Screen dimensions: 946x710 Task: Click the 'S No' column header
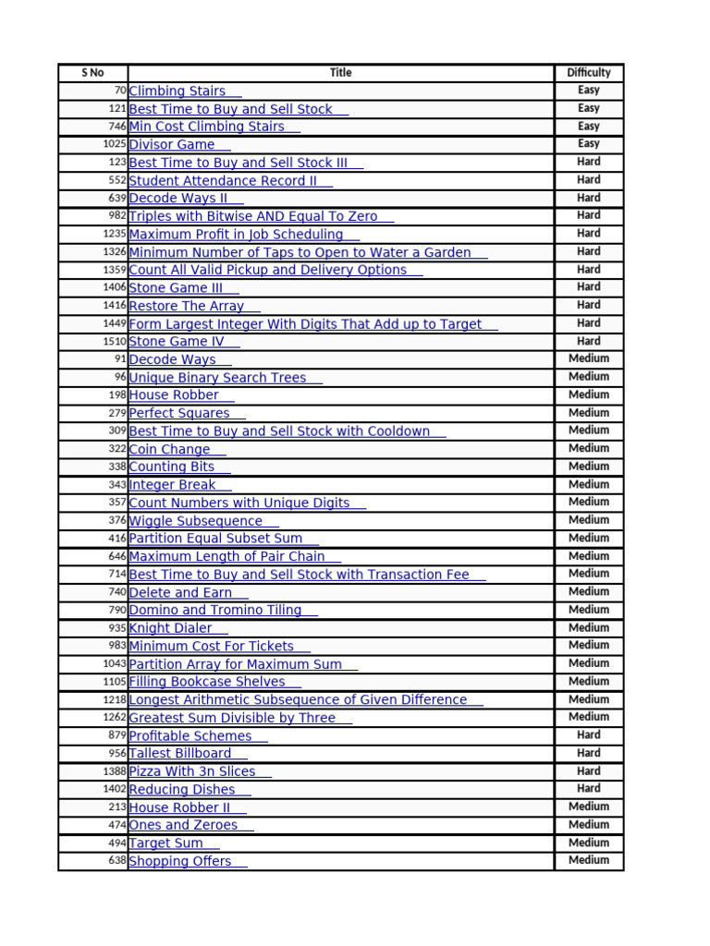92,73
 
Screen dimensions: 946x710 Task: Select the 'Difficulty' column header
589,73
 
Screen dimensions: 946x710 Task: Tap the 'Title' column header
341,73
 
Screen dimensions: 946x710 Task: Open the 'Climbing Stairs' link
177,91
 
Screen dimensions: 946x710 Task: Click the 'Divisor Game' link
172,145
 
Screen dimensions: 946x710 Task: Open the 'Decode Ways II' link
178,199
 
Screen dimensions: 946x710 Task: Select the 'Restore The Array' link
187,307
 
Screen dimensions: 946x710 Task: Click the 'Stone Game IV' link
177,342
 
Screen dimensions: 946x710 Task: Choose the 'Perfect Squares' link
179,414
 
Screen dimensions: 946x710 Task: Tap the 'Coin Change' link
170,450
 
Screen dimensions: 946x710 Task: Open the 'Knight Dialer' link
171,629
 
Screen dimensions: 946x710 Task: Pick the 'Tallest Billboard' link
180,754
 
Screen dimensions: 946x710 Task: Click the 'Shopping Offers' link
180,862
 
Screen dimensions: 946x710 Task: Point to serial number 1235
114,235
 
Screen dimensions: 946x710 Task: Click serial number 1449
114,324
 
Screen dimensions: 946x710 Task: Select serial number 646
116,557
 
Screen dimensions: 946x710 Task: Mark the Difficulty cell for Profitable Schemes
589,735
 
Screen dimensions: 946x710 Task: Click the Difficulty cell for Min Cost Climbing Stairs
589,127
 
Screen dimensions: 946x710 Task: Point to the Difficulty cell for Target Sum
589,843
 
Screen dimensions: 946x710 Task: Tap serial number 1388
114,771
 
